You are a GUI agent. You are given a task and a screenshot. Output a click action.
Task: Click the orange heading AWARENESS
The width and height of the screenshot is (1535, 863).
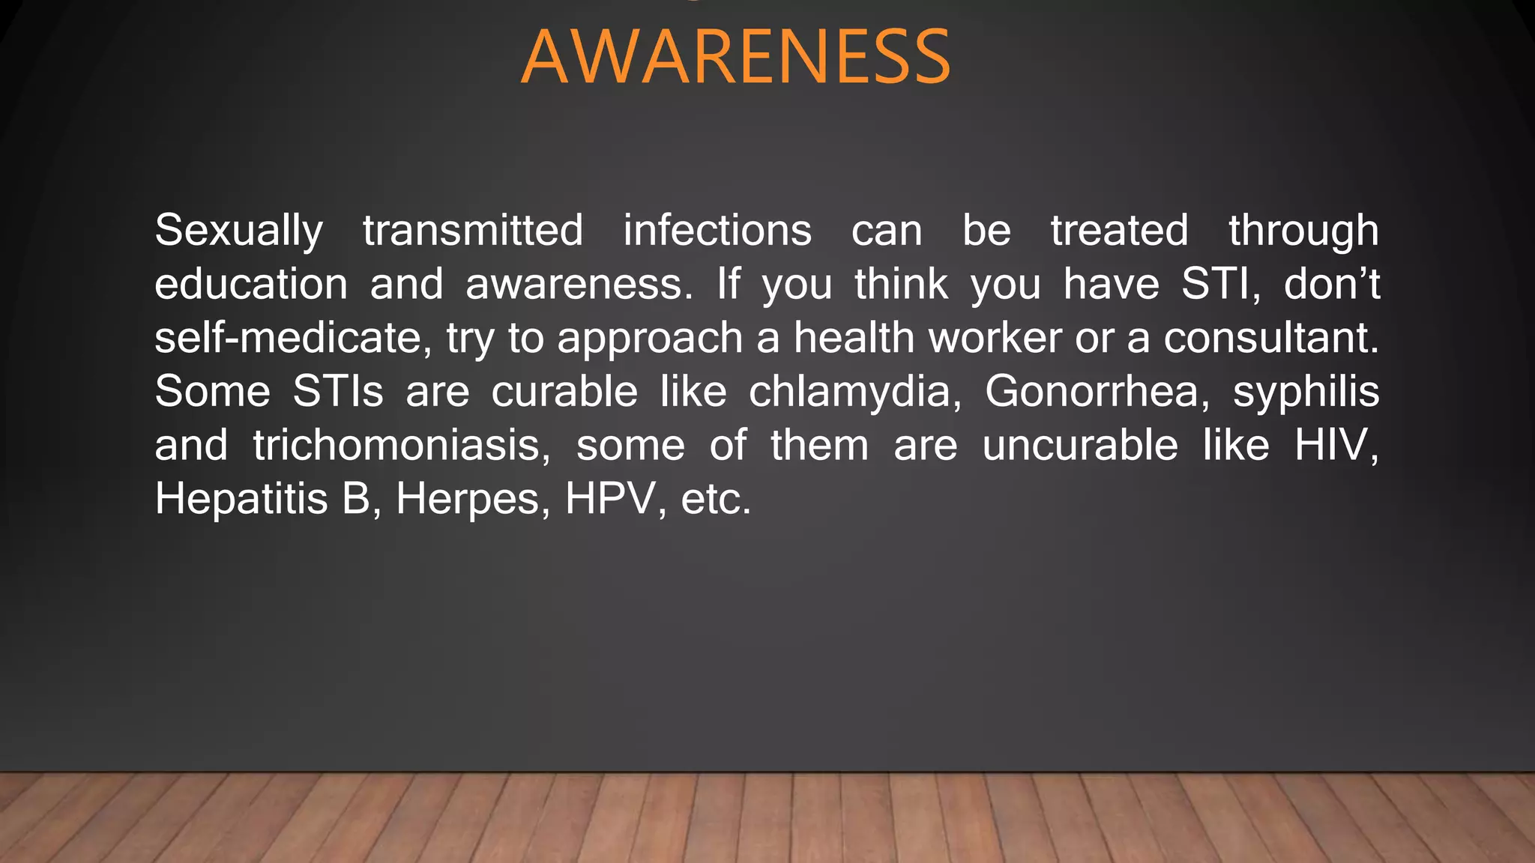735,57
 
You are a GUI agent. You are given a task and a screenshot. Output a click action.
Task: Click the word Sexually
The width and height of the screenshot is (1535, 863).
238,230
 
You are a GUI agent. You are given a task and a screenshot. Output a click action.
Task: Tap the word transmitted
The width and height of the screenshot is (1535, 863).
473,230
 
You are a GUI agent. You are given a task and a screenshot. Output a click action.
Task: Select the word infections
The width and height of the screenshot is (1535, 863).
717,230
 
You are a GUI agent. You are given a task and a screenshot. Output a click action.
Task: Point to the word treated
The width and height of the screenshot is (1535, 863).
1119,230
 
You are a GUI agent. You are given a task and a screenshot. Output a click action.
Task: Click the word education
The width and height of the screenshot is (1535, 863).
251,284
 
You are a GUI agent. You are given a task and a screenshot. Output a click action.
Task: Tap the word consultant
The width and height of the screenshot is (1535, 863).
1270,338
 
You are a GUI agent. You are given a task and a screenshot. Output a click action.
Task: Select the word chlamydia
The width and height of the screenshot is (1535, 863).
854,392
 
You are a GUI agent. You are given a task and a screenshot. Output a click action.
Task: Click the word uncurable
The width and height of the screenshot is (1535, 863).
1080,446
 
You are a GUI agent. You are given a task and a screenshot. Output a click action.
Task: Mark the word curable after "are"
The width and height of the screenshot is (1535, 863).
564,392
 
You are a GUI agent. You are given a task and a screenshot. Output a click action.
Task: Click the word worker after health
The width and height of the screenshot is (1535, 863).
995,338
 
